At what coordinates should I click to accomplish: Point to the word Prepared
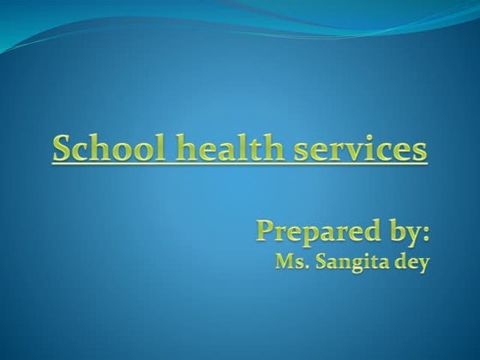(x=312, y=230)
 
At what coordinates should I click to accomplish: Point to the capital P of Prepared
(x=266, y=229)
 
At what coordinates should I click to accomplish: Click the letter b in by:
(x=389, y=230)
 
